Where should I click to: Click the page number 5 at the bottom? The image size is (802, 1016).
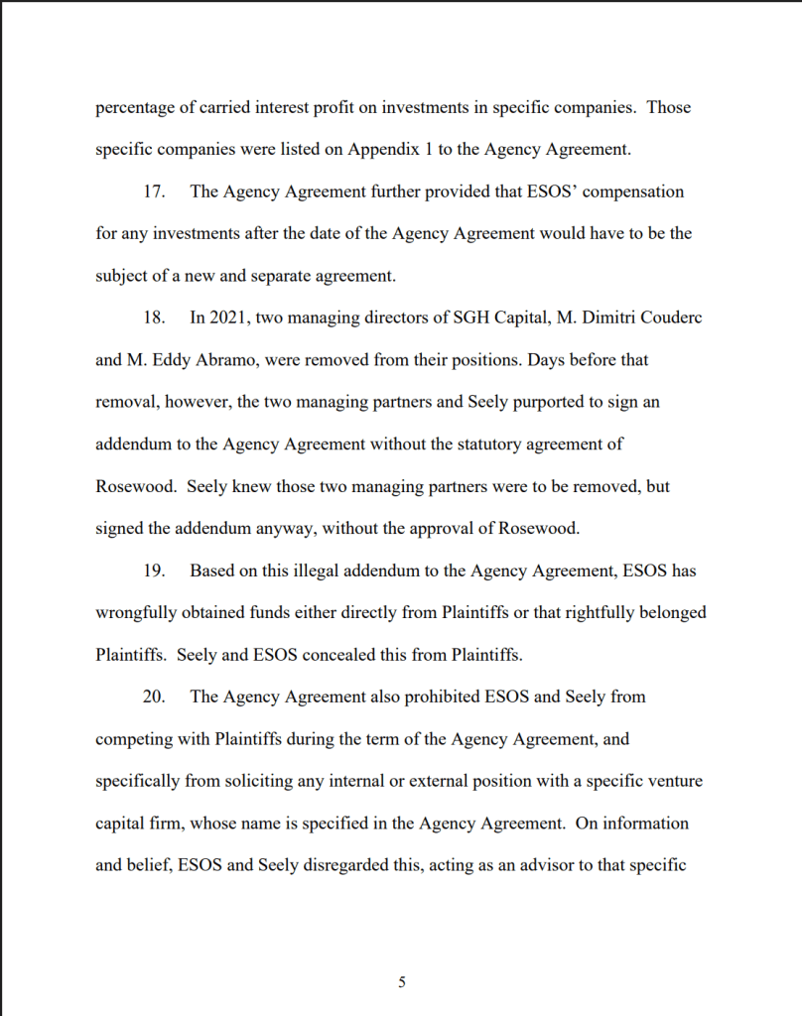[x=401, y=982]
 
